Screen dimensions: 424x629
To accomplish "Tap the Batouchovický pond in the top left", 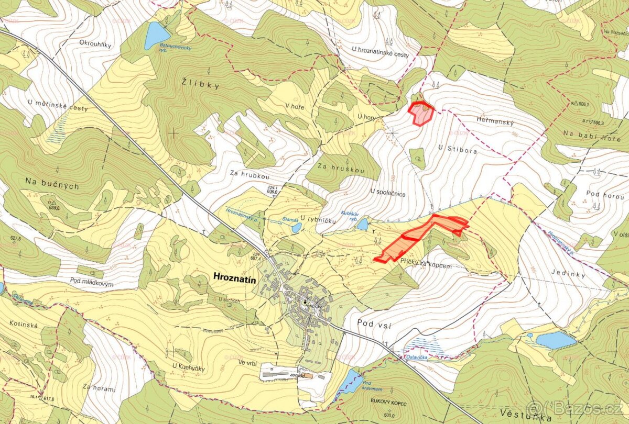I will coord(156,35).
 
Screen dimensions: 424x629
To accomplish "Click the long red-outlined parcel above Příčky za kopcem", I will coord(422,237).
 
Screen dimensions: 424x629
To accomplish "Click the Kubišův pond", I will coord(362,225).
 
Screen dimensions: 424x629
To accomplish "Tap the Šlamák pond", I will coord(297,228).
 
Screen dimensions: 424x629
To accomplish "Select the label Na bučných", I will coord(52,183).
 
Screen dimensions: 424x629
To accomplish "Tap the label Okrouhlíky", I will coord(95,44).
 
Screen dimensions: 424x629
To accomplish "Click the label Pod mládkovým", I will coord(92,281).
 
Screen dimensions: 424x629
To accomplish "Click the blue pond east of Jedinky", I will coord(555,340).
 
